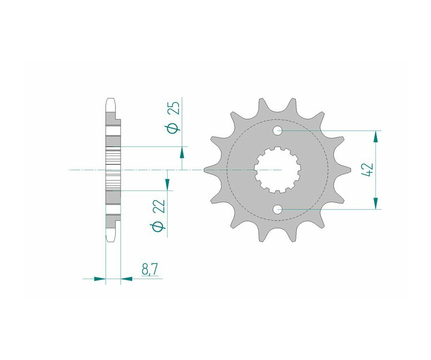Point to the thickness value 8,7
pyautogui.click(x=149, y=270)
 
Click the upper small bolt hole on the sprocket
pyautogui.click(x=277, y=131)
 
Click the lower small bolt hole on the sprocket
pyautogui.click(x=277, y=210)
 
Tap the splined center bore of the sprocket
pyautogui.click(x=277, y=170)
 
